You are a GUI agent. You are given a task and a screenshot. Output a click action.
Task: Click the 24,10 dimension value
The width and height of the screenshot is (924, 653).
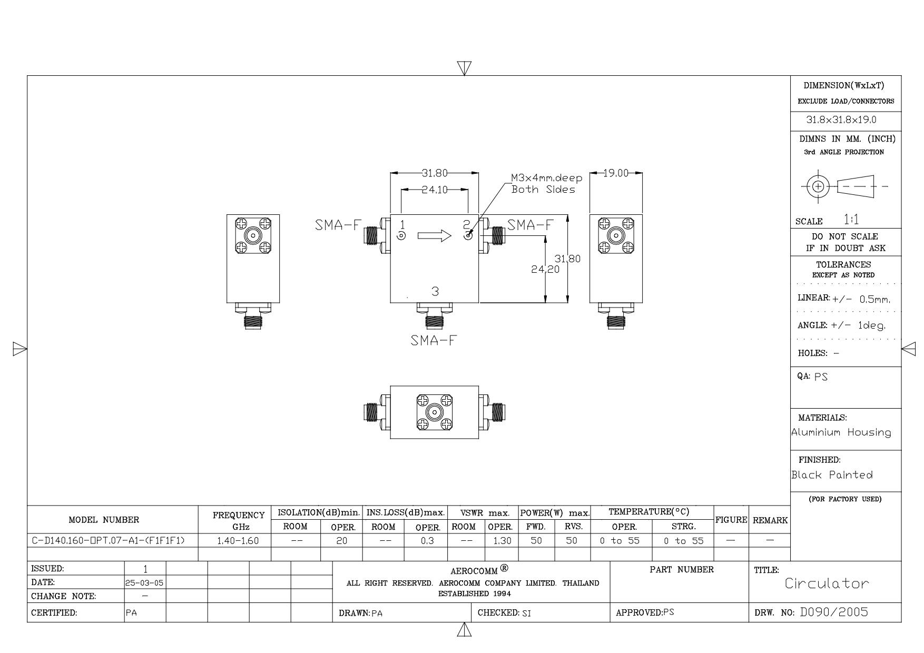tap(434, 190)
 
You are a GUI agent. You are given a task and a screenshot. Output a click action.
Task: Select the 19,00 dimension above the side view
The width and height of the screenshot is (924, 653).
tap(616, 173)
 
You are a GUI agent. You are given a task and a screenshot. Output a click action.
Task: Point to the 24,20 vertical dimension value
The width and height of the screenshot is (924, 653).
tap(545, 269)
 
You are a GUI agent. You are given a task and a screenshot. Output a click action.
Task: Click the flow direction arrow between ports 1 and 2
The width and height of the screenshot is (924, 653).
tap(435, 235)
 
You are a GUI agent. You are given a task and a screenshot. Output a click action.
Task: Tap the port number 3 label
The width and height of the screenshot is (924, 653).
tap(435, 291)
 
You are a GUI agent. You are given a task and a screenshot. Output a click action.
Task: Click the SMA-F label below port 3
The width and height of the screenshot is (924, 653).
tap(434, 340)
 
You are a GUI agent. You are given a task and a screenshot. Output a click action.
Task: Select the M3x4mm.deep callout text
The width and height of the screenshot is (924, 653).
tap(547, 179)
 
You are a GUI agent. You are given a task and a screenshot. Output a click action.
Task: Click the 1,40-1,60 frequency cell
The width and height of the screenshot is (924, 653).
tap(238, 541)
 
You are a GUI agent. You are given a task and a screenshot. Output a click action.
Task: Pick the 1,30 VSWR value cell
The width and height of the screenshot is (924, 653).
tap(502, 541)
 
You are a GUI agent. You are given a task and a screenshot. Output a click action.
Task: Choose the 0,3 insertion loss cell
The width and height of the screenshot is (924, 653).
tap(427, 541)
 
